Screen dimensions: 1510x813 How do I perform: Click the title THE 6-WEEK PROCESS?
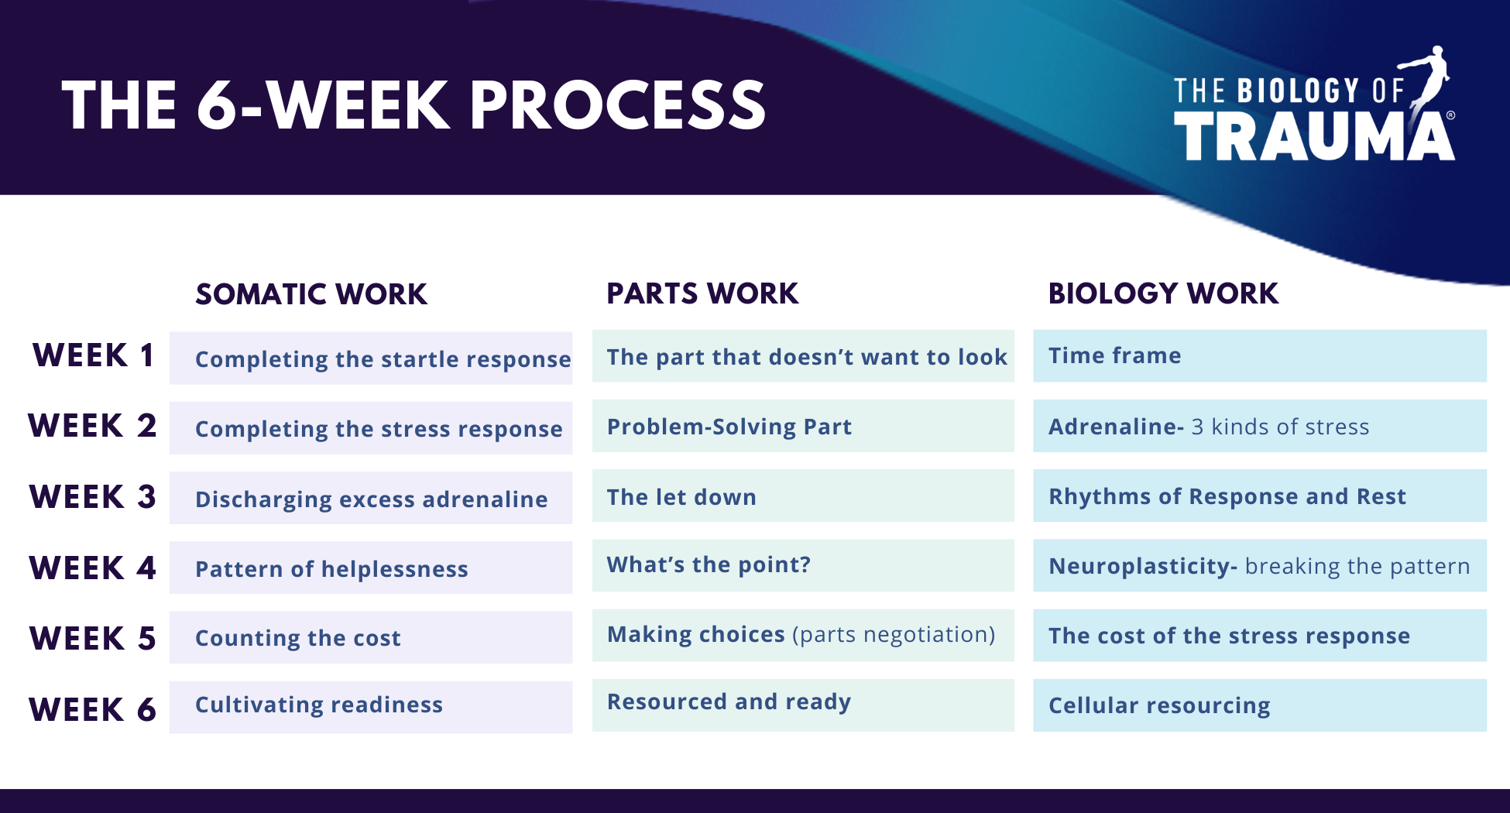414,105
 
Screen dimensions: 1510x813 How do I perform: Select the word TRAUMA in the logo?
1314,136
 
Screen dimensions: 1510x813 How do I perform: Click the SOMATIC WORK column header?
311,294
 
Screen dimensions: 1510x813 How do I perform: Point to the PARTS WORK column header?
702,293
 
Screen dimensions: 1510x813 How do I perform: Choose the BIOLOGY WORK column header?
1163,293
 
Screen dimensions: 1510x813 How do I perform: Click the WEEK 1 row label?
93,355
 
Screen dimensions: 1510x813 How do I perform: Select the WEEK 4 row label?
93,568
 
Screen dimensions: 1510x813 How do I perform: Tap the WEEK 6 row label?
93,709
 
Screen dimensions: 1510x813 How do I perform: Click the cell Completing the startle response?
371,358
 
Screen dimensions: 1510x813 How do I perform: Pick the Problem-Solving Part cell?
803,426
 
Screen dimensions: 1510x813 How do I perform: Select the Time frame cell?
1260,355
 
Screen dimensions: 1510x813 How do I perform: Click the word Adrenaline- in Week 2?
1116,427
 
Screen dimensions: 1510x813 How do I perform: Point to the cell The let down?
803,496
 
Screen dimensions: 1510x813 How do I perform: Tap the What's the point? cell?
803,565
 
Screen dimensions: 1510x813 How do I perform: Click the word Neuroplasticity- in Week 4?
1143,567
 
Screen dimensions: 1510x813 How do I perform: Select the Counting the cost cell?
371,637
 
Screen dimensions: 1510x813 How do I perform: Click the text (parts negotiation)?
894,635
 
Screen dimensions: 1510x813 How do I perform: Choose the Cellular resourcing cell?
1260,705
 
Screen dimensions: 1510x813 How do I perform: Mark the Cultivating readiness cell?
371,707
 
